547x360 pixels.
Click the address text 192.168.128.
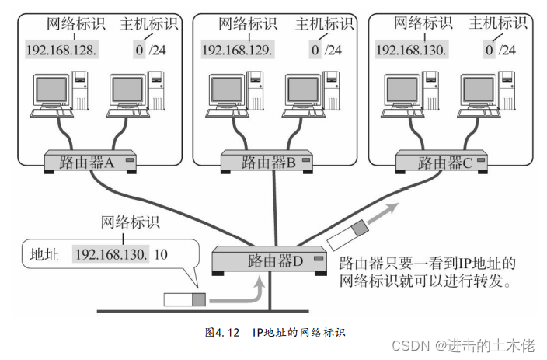tap(62, 51)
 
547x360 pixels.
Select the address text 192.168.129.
tap(237, 51)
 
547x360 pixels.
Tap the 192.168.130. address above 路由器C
tap(412, 51)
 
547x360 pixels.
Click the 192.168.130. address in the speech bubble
tap(110, 254)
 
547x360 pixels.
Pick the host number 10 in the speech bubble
tap(161, 254)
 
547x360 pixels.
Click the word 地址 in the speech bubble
tap(44, 254)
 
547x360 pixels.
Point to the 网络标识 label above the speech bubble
tap(131, 223)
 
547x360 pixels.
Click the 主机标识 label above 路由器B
tap(323, 25)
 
